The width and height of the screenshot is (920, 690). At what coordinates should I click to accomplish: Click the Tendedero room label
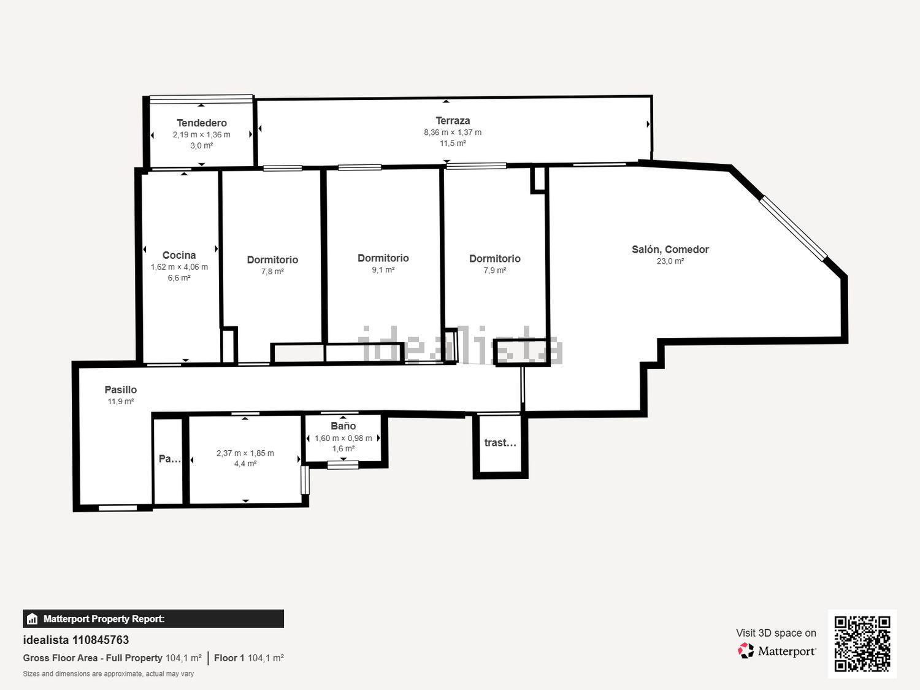201,123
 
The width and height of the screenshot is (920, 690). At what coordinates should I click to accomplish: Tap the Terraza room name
453,121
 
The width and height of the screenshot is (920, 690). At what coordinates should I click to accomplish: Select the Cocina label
179,255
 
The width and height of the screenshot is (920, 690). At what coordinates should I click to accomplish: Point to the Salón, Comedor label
670,249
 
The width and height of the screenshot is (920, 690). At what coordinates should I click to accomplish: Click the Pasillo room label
120,389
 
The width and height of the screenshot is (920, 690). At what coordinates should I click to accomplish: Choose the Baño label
343,426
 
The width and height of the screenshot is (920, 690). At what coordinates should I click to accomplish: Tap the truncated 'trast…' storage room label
500,442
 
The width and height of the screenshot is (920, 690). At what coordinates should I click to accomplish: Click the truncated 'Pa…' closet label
169,458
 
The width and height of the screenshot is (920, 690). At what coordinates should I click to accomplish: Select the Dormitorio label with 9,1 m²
383,258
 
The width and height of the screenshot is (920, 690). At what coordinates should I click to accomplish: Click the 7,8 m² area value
272,272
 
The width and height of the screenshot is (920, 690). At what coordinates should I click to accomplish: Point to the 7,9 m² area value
494,270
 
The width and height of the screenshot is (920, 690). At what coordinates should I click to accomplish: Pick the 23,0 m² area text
670,261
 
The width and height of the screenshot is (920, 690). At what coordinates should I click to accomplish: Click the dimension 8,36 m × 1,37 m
453,132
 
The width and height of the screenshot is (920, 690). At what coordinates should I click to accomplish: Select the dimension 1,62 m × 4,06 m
179,267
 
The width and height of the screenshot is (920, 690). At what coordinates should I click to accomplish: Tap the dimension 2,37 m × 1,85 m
245,453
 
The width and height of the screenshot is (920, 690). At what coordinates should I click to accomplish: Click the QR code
862,643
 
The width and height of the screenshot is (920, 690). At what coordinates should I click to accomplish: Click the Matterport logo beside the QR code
776,651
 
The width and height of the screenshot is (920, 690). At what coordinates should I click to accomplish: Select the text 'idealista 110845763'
76,640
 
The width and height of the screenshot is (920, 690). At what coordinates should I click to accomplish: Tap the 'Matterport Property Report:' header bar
153,619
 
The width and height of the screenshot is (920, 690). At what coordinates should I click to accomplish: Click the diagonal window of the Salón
794,228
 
